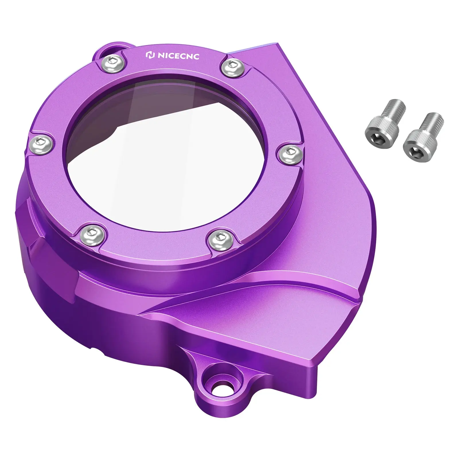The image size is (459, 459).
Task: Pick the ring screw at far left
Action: pos(43,143)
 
